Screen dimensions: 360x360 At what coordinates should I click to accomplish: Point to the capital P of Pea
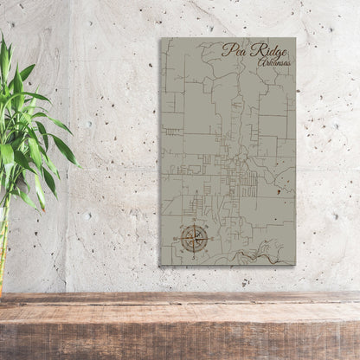click(227, 49)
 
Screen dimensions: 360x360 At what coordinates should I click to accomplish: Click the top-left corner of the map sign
click(161, 38)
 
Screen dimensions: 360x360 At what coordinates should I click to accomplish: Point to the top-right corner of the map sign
click(295, 38)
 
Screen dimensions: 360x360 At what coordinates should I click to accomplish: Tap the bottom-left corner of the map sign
click(161, 265)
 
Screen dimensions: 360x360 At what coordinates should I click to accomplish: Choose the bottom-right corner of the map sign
click(295, 265)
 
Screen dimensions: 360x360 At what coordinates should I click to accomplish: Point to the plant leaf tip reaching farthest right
click(80, 164)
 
